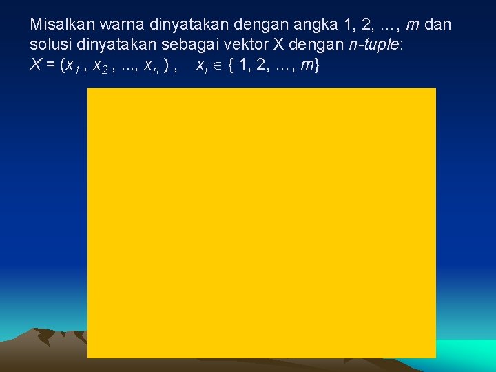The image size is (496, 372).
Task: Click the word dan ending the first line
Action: tap(438, 25)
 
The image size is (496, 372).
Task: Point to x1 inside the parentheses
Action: tap(72, 67)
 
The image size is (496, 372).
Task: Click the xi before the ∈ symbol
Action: tap(202, 67)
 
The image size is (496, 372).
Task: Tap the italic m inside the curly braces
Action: tap(306, 67)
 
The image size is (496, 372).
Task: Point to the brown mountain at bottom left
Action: tap(41, 348)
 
